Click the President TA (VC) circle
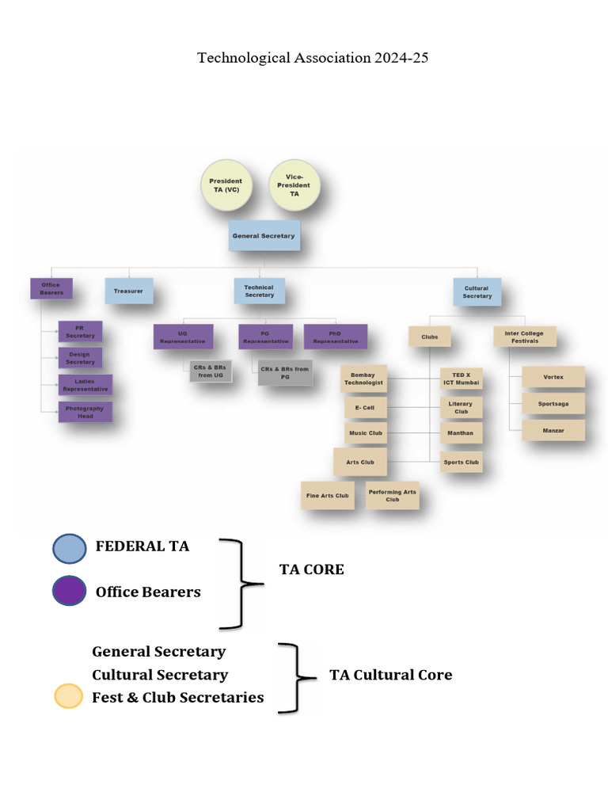click(226, 185)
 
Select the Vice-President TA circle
click(294, 185)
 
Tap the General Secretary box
click(264, 236)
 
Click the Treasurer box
click(128, 291)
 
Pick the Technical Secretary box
click(259, 291)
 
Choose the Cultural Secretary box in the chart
click(477, 291)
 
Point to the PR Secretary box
click(80, 332)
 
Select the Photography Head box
click(85, 412)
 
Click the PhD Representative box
click(335, 337)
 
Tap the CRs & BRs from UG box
click(211, 371)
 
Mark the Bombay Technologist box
click(363, 379)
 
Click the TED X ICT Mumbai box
click(462, 379)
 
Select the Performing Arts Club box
click(392, 496)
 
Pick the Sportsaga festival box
click(553, 404)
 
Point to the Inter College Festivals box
click(524, 337)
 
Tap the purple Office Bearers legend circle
click(70, 591)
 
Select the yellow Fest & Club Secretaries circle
click(68, 696)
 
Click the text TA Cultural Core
click(390, 675)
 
